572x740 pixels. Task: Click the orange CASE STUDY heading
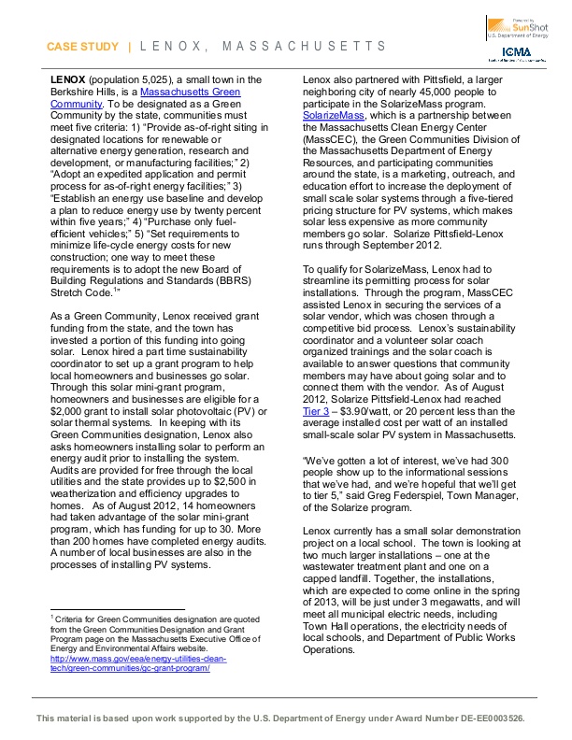coord(82,47)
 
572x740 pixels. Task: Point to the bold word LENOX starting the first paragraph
coord(67,82)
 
